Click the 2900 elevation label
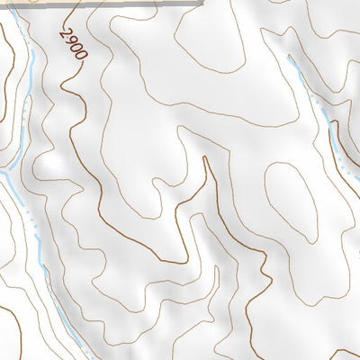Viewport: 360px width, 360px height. (x=74, y=44)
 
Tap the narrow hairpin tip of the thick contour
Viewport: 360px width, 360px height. (x=206, y=158)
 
